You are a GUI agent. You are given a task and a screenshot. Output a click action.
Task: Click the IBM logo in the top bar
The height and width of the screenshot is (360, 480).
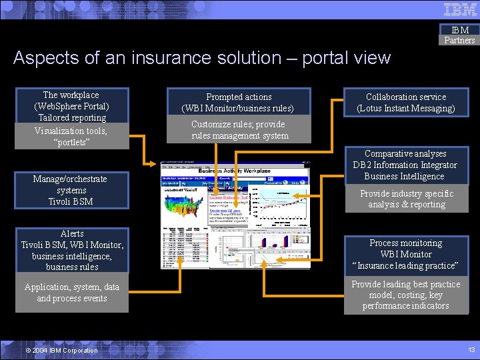click(x=460, y=9)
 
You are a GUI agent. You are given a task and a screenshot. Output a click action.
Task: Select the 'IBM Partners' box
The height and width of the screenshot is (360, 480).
click(x=460, y=35)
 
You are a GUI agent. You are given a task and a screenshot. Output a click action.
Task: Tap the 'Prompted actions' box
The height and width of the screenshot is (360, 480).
click(x=239, y=102)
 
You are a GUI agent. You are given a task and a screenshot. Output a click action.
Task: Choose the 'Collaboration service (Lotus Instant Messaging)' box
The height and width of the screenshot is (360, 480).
click(x=405, y=102)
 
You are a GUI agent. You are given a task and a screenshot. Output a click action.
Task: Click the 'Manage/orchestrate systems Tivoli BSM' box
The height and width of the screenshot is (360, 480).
click(x=71, y=190)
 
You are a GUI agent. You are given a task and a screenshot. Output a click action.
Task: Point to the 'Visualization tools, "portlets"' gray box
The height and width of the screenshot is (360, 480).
click(x=71, y=136)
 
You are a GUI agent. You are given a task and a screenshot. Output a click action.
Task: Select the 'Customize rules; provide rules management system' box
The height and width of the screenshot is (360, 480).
click(x=239, y=130)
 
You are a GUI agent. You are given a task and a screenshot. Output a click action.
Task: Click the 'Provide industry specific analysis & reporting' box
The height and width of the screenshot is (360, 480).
click(x=406, y=199)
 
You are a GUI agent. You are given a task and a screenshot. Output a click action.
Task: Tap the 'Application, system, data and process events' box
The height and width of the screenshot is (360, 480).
click(x=72, y=293)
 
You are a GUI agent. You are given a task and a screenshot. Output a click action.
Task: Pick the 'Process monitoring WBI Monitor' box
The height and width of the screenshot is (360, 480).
click(x=406, y=254)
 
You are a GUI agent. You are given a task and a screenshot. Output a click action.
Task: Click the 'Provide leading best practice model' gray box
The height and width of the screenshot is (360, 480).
click(x=406, y=295)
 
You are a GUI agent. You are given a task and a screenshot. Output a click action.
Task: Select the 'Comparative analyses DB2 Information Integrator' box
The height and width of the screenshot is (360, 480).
click(x=406, y=165)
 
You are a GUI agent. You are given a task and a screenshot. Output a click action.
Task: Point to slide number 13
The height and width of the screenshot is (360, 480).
click(x=471, y=350)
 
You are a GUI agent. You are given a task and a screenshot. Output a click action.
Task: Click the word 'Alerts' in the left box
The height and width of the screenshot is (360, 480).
click(x=72, y=233)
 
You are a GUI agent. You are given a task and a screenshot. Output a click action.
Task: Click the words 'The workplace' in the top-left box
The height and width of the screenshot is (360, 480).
click(x=71, y=95)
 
